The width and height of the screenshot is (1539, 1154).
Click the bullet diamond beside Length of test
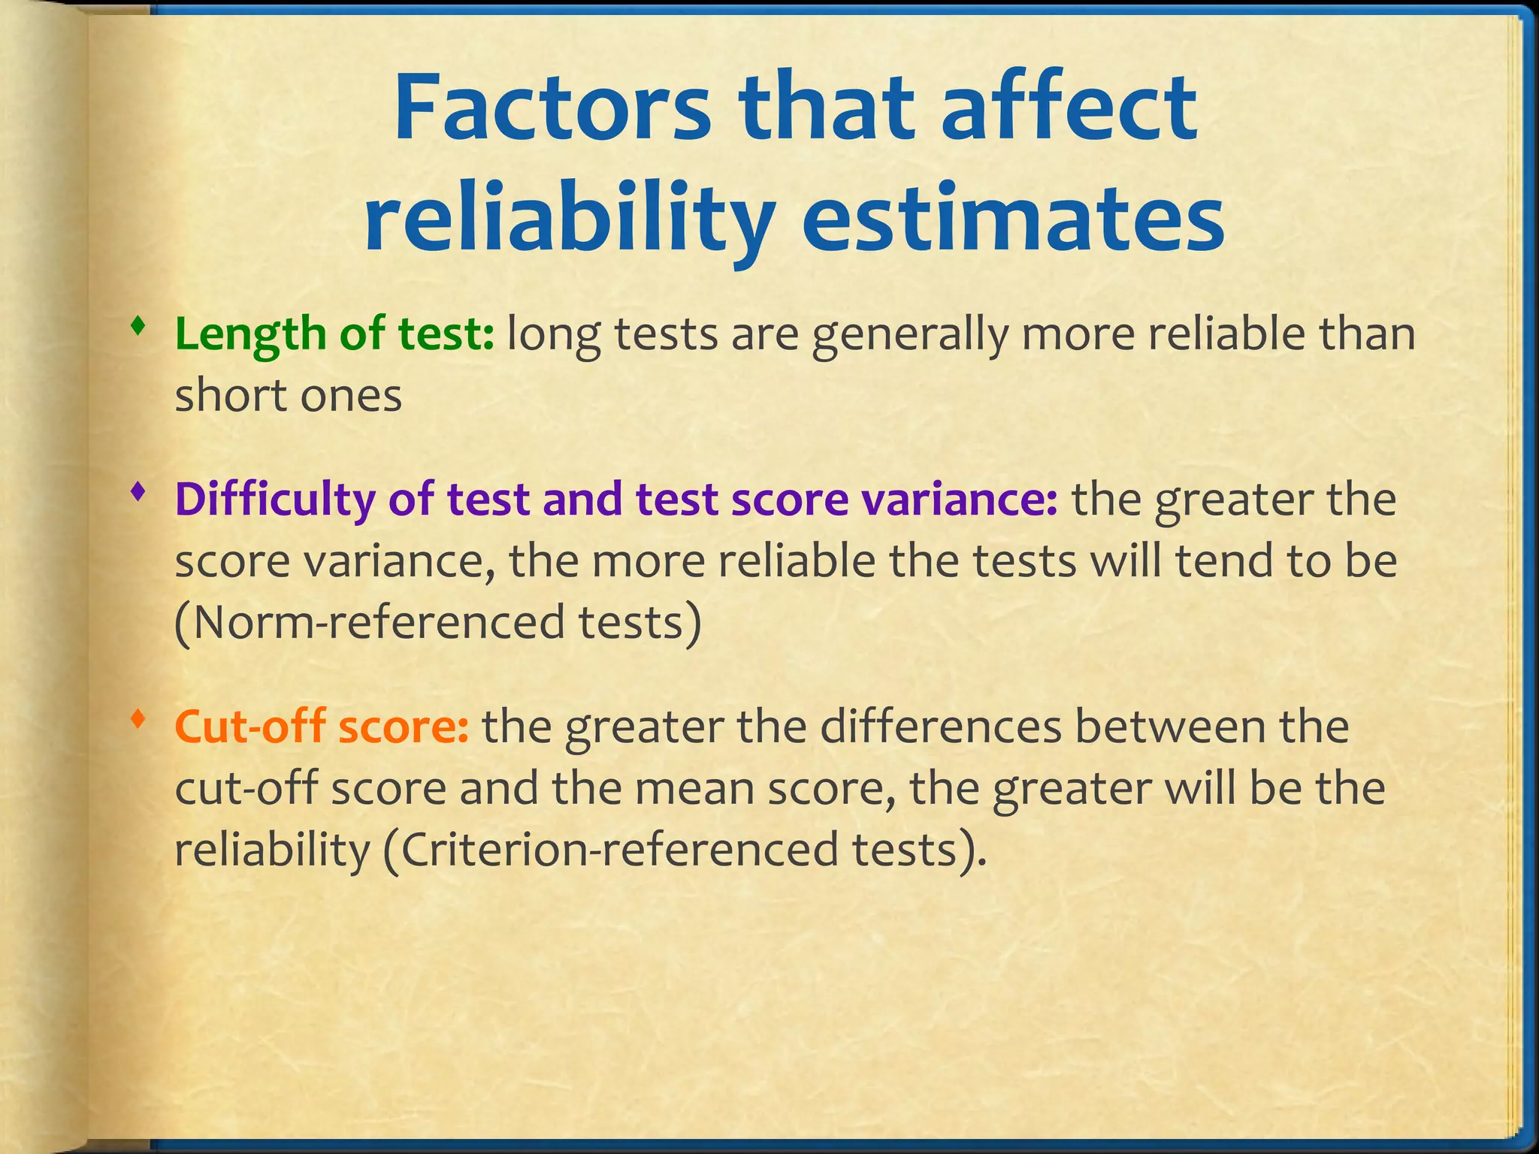pyautogui.click(x=137, y=327)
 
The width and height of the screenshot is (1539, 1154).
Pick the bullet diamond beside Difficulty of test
pyautogui.click(x=137, y=493)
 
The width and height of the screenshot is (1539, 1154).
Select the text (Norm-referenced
pyautogui.click(x=368, y=623)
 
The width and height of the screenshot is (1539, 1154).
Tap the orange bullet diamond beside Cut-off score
pyautogui.click(x=137, y=719)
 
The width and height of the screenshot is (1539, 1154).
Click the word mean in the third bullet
pyautogui.click(x=691, y=789)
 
